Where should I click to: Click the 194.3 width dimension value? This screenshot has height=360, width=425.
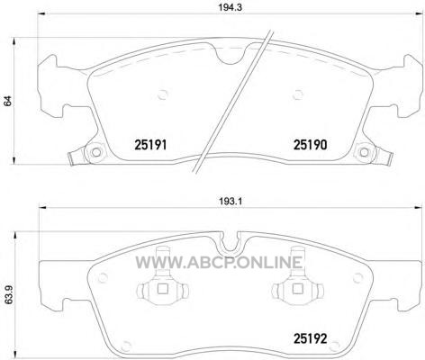click(230, 7)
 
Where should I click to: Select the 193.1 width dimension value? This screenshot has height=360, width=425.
click(231, 202)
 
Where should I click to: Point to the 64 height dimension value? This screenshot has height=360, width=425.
click(7, 101)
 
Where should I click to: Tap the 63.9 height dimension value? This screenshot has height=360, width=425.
click(7, 297)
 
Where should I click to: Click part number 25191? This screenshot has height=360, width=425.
click(150, 145)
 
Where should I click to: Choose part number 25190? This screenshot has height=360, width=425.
click(310, 145)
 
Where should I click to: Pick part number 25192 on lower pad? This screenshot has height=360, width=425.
click(310, 339)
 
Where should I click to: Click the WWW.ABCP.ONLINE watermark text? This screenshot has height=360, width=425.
click(219, 262)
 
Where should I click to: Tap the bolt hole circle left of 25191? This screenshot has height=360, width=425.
click(95, 152)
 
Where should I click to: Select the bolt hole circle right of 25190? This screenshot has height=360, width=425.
click(364, 152)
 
